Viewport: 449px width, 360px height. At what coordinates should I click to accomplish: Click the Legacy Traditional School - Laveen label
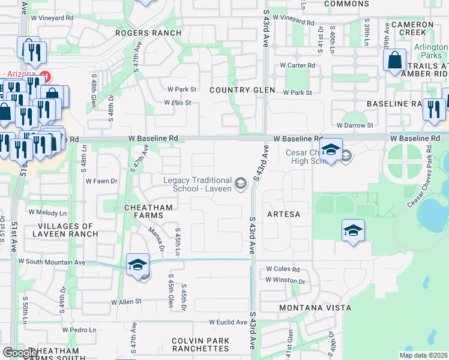[197, 185]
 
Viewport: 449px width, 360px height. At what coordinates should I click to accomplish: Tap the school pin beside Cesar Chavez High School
[330, 149]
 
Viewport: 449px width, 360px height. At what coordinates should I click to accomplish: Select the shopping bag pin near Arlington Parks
[394, 61]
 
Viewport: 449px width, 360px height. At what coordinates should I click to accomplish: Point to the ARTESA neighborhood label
[283, 214]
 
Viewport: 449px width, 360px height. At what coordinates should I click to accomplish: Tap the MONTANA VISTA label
[315, 308]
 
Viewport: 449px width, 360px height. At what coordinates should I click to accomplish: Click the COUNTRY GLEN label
[242, 90]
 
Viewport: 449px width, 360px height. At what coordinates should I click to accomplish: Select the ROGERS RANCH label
[148, 33]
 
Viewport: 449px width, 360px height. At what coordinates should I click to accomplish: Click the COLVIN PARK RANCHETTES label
[200, 345]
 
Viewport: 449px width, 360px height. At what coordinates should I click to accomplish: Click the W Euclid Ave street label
[228, 322]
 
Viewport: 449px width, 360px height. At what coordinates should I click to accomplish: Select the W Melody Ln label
[48, 212]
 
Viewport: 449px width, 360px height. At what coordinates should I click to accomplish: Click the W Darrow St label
[355, 125]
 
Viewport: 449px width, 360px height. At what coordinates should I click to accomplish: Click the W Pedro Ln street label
[79, 329]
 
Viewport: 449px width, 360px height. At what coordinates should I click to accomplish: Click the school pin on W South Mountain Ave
[137, 265]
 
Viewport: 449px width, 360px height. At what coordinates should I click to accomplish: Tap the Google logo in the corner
[19, 353]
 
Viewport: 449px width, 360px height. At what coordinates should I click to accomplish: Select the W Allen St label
[125, 301]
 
